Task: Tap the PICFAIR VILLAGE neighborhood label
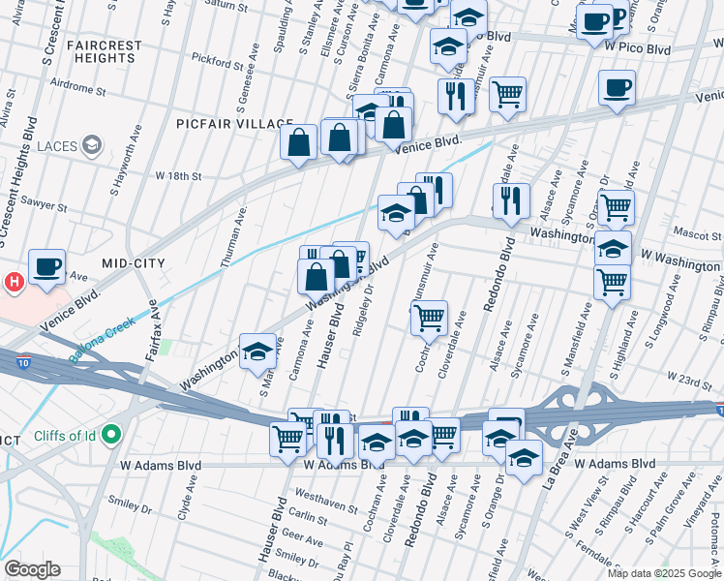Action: [234, 124]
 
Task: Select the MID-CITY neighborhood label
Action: [134, 263]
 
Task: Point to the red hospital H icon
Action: [14, 283]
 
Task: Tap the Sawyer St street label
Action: [45, 206]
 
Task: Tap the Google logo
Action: [32, 569]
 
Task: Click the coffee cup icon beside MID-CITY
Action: [46, 266]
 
